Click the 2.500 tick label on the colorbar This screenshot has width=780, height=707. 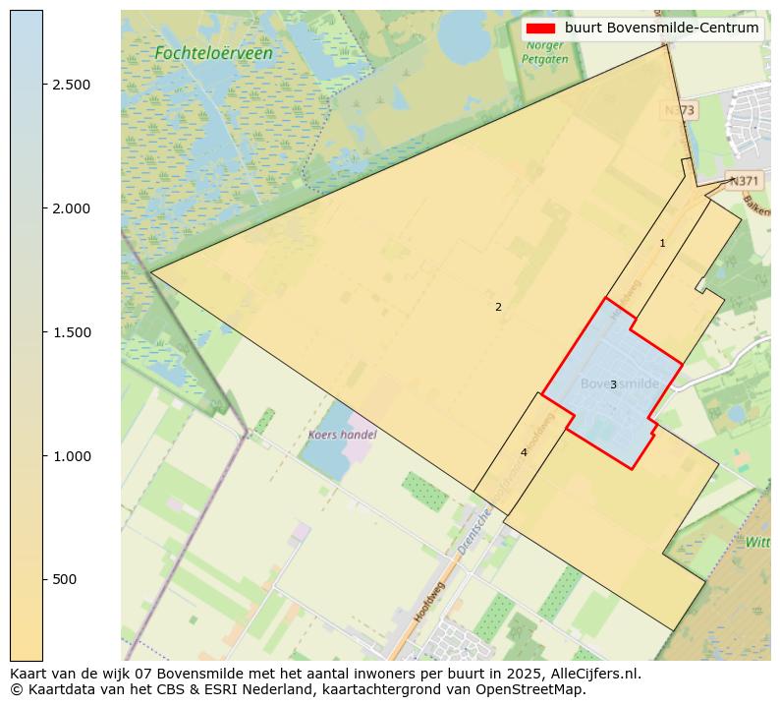72,85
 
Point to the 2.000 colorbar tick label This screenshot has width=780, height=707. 72,208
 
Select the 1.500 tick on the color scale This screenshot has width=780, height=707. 72,332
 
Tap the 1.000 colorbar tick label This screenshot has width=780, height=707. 72,456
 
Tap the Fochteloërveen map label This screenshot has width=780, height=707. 213,53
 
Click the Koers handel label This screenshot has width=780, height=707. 342,434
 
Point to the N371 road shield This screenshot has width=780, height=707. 744,181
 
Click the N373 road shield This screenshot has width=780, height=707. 680,111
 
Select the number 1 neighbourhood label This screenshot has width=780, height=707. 662,243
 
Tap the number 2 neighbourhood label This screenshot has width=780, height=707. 498,307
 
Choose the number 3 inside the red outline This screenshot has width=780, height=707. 613,384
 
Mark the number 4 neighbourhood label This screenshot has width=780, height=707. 524,452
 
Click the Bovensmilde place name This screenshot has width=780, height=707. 619,383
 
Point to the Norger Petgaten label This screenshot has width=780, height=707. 545,51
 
